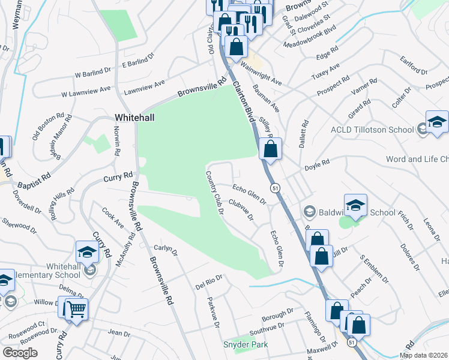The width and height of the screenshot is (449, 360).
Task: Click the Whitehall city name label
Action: [x=134, y=118]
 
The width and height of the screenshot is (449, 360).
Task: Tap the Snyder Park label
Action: [x=246, y=344]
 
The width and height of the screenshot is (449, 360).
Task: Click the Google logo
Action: [x=20, y=353]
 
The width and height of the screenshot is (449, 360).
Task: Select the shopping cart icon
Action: [x=73, y=310]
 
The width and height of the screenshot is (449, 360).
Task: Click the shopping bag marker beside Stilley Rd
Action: [x=271, y=148]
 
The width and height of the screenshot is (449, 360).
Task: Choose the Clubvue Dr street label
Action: [x=240, y=209]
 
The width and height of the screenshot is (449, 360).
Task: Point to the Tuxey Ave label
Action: [x=327, y=72]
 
